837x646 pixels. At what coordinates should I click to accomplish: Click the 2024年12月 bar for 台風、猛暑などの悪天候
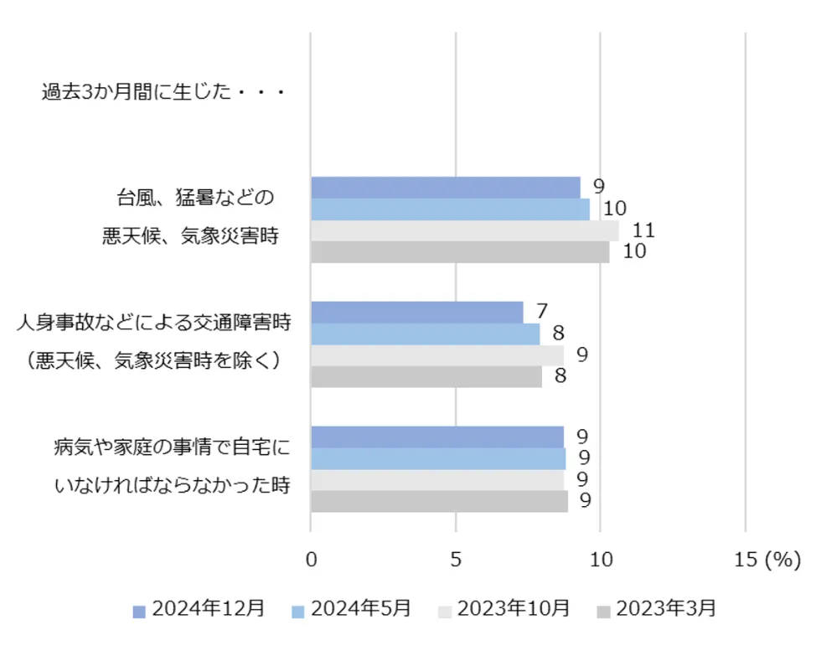[x=445, y=188]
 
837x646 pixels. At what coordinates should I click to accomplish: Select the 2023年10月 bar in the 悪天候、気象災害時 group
[x=464, y=230]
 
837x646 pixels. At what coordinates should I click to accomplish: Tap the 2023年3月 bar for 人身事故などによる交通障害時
[x=426, y=377]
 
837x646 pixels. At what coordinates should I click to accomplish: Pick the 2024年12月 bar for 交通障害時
[x=416, y=312]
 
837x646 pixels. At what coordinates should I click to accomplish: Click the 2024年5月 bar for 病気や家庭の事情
[x=437, y=458]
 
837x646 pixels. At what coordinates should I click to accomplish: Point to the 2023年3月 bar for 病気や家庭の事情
[x=439, y=501]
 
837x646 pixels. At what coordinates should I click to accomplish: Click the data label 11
[x=643, y=230]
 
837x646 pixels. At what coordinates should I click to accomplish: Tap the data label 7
[x=542, y=312]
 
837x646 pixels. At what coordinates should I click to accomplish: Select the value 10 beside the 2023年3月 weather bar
[x=634, y=251]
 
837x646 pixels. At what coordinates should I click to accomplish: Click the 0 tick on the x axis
[x=311, y=561]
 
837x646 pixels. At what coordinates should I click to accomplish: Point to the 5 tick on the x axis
[x=456, y=561]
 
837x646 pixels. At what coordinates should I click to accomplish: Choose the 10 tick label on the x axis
[x=601, y=561]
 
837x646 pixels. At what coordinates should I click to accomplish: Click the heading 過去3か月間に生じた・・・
[x=164, y=91]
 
